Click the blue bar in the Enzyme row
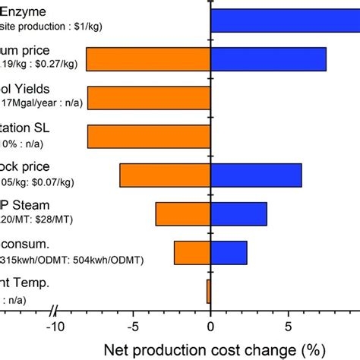285,20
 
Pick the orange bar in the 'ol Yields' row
149,97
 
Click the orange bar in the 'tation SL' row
149,136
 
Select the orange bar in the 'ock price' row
165,175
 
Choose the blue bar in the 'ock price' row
256,175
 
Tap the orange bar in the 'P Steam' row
182,213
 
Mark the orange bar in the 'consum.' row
192,252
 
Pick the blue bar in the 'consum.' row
229,252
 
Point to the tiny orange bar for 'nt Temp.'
208,291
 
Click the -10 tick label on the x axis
54,328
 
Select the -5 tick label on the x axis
132,328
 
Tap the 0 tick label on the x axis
210,328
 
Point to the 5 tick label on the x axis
289,328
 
